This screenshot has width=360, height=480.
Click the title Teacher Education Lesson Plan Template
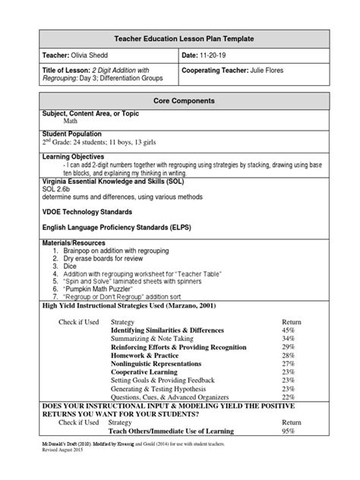179,38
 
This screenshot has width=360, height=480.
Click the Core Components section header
179,100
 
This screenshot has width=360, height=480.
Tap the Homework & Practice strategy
144,355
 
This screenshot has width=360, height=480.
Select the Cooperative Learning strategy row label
146,372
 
